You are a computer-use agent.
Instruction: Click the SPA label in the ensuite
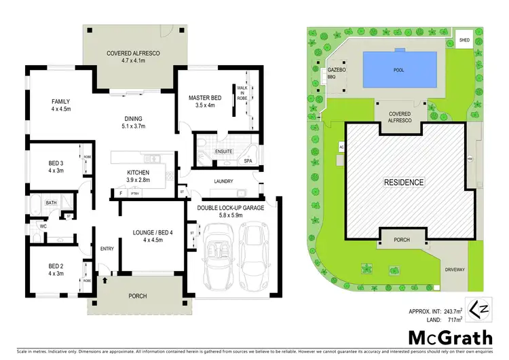click(248, 161)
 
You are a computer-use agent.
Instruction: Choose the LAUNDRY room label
click(223, 181)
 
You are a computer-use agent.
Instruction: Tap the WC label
click(42, 226)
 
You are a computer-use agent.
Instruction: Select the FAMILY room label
click(61, 105)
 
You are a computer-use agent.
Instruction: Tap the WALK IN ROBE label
click(242, 93)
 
